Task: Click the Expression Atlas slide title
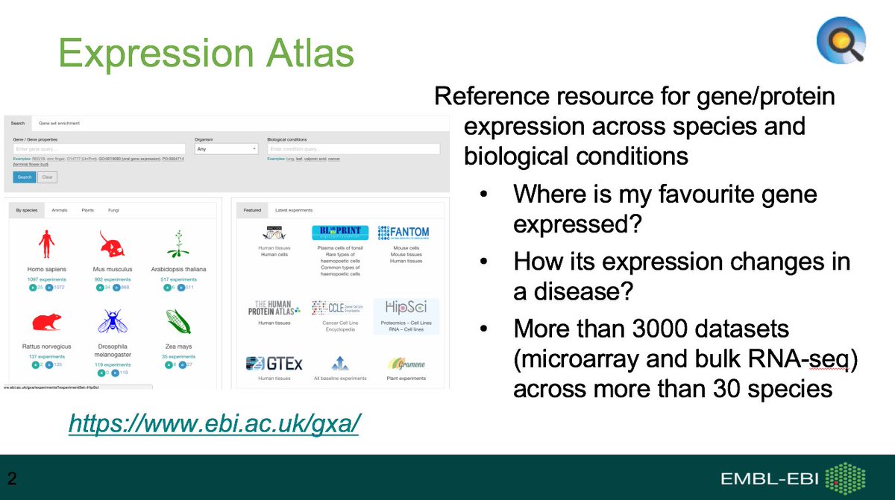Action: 206,54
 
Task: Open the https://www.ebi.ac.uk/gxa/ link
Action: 215,423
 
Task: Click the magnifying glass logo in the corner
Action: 841,40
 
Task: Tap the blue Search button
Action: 24,177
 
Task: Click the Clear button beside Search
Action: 47,177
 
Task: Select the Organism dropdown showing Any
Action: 226,149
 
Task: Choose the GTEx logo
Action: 274,364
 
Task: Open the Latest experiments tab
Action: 294,211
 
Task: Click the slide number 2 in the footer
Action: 12,476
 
